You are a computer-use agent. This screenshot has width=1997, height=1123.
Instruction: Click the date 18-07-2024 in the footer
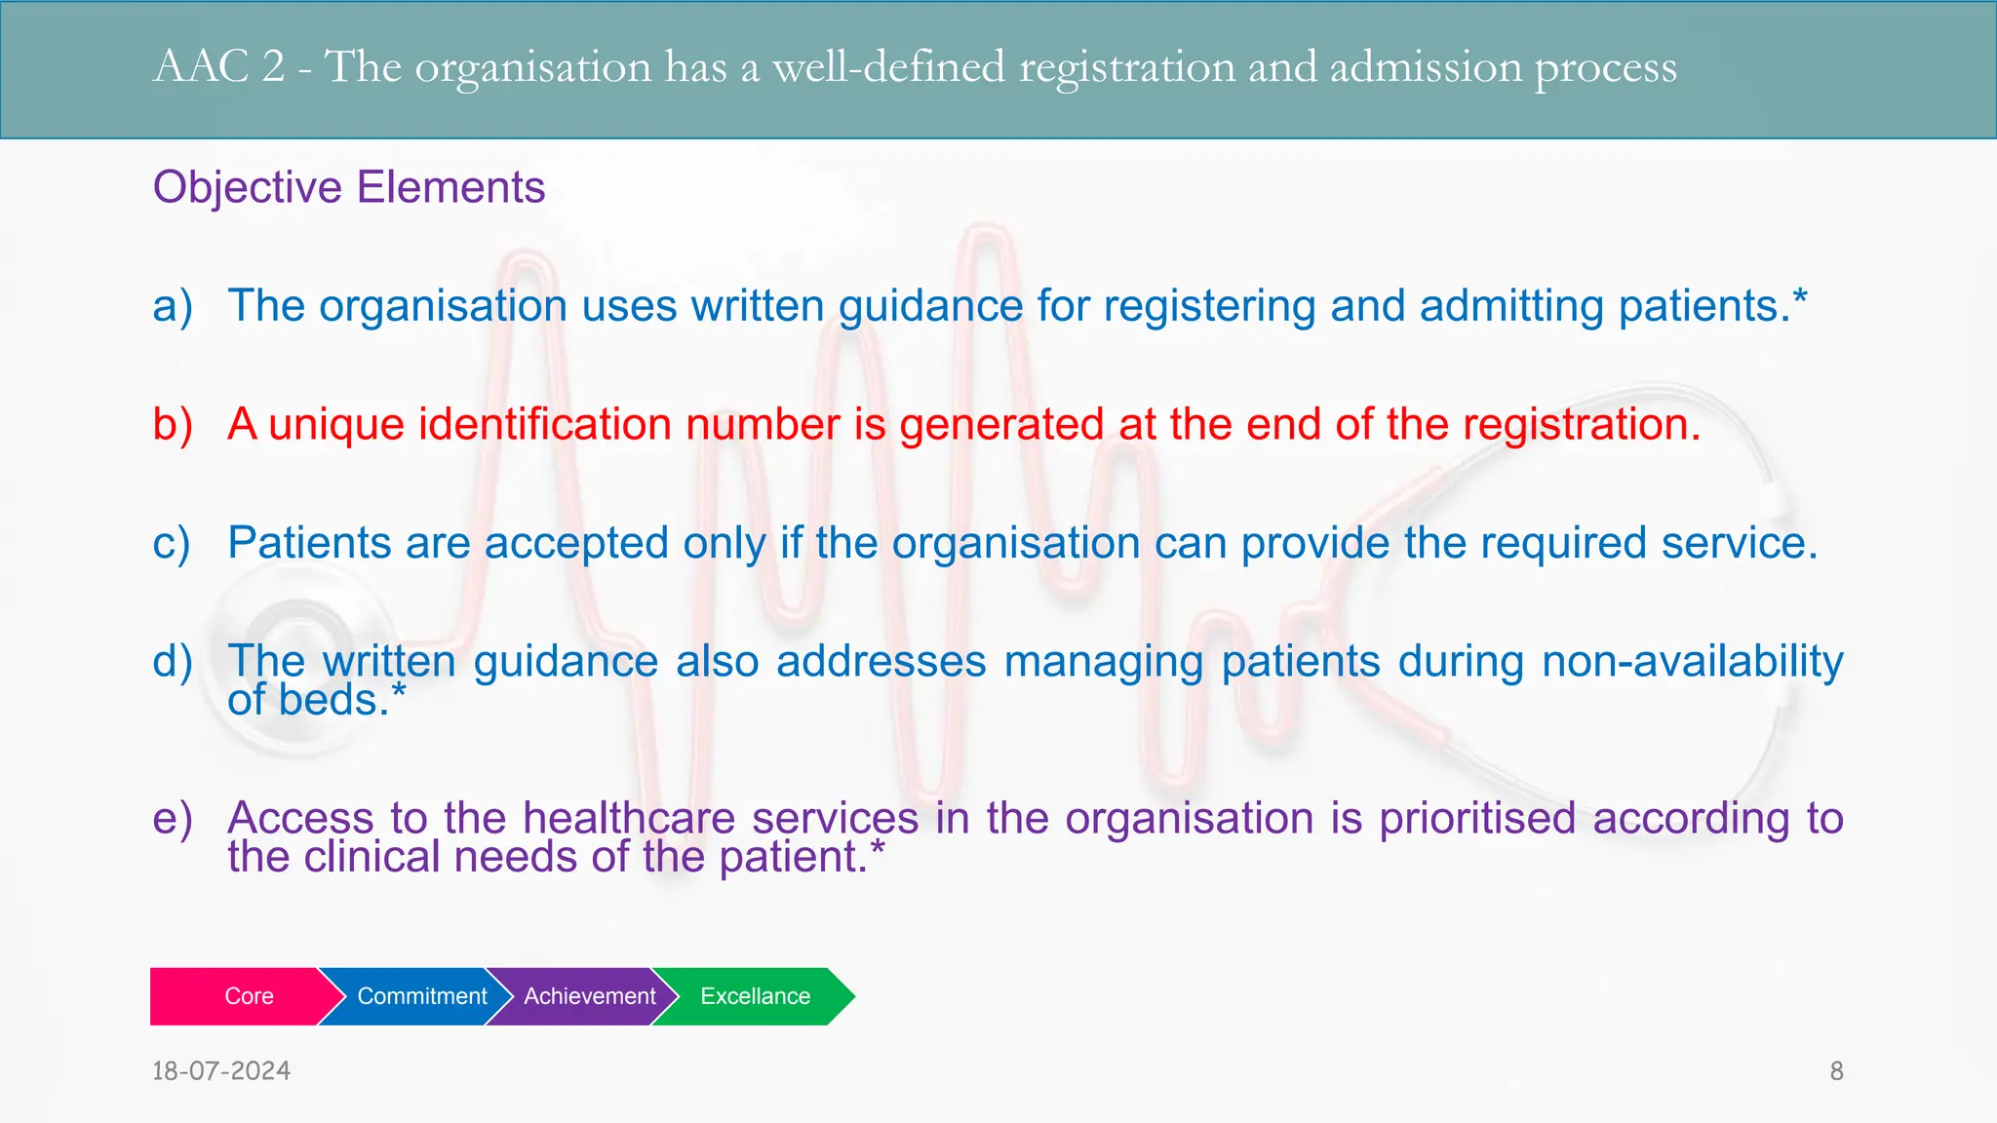[221, 1071]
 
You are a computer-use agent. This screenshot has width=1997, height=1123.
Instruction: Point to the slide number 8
[1836, 1071]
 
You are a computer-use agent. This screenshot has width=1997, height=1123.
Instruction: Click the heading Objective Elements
[348, 187]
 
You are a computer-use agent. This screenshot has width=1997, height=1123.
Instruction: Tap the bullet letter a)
[173, 306]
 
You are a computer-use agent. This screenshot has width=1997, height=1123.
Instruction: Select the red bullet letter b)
[173, 425]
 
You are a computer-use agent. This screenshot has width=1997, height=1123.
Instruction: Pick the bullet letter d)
[173, 662]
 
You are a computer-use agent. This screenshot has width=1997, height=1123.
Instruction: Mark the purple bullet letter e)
[173, 819]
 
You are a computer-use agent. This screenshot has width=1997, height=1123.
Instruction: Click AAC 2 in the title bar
[219, 67]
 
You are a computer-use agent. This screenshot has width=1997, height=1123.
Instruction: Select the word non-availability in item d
[1693, 662]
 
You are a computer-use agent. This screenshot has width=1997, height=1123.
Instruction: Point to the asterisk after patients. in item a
[1800, 296]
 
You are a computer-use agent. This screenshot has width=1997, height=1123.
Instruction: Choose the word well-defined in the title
[888, 67]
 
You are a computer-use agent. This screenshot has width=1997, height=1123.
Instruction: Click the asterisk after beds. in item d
[398, 691]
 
